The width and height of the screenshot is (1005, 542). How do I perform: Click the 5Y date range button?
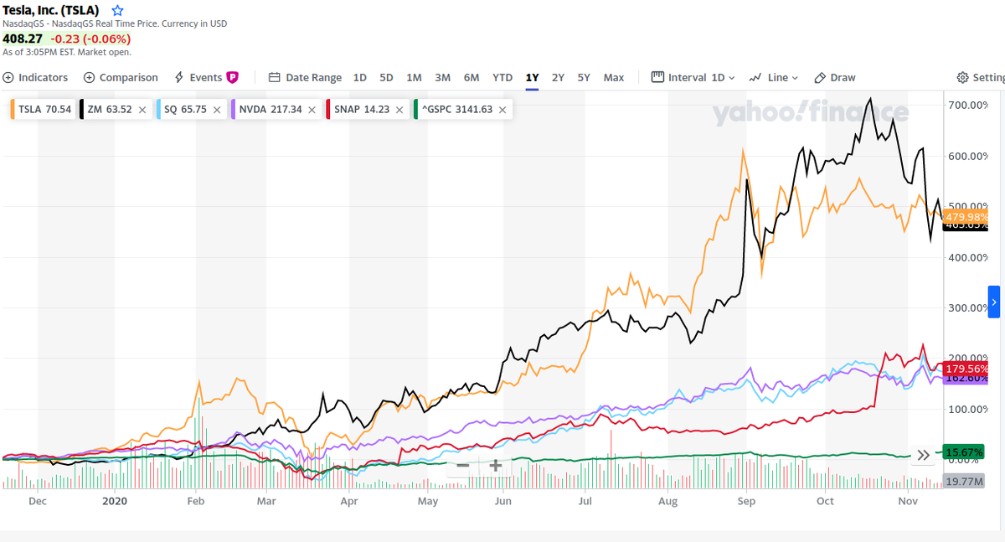coord(584,77)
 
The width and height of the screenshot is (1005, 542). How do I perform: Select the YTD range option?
coord(502,77)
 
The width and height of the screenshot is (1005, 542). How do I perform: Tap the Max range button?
coord(614,77)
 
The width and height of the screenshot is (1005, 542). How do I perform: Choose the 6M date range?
coord(472,77)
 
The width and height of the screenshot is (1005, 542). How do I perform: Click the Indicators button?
coord(35,77)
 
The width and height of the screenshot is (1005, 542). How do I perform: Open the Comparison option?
coord(121,77)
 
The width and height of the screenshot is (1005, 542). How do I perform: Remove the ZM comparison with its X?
coord(142,109)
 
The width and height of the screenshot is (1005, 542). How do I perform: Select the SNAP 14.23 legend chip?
coord(361,109)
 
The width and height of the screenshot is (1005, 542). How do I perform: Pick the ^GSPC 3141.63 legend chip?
coord(456,109)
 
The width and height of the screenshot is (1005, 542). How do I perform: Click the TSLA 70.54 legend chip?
coord(44,109)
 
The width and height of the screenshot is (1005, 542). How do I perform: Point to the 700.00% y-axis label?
coord(967,105)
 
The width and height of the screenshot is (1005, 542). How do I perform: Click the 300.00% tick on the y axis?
coord(967,307)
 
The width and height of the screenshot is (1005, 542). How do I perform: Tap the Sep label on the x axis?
coord(746,501)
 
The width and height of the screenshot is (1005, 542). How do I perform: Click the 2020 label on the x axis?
coord(113,501)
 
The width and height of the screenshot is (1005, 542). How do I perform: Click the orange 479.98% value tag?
coord(966,217)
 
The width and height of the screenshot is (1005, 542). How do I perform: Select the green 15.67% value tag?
coord(964,452)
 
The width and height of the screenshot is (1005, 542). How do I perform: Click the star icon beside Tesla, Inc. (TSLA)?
coord(118,11)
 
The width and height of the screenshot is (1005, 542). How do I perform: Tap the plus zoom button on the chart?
coord(496,465)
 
